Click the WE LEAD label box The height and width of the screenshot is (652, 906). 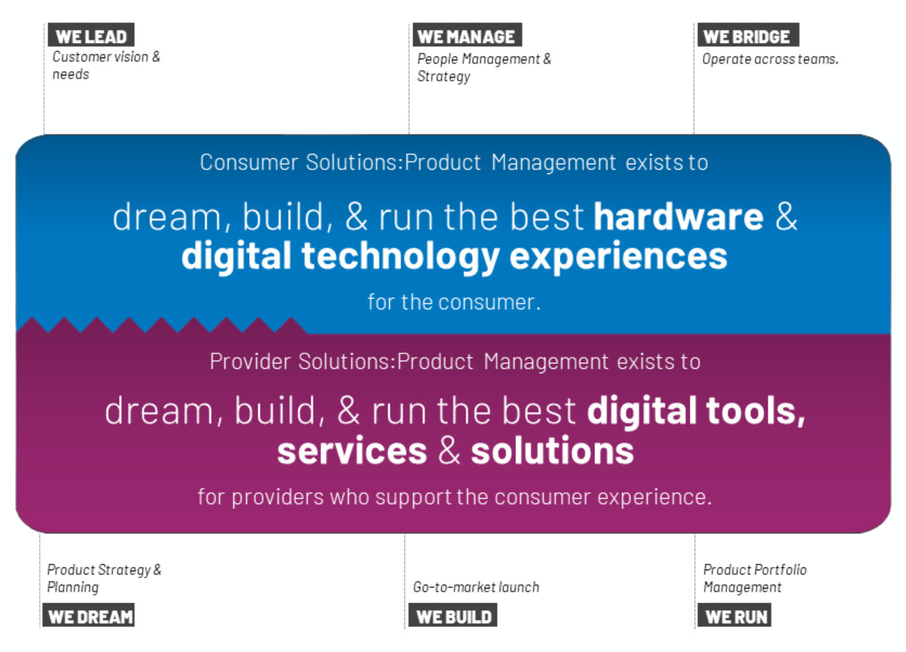(x=91, y=35)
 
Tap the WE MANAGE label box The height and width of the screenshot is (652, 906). (x=467, y=35)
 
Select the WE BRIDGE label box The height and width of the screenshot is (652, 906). (x=748, y=35)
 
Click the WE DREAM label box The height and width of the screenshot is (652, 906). (x=89, y=615)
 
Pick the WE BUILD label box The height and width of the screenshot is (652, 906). (x=453, y=615)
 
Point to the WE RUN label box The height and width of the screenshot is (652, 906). (x=734, y=615)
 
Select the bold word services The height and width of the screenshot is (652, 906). (x=352, y=451)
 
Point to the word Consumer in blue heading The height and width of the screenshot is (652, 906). (x=249, y=163)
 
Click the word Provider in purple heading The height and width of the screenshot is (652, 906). (x=250, y=361)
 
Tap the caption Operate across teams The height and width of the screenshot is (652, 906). (x=770, y=59)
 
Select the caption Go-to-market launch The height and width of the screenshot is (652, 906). (x=476, y=587)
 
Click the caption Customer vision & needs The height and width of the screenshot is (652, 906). (x=106, y=65)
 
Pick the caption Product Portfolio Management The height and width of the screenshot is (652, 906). (x=755, y=578)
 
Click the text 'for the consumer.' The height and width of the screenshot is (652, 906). (x=454, y=302)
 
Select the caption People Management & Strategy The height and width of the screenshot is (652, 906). (x=484, y=68)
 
